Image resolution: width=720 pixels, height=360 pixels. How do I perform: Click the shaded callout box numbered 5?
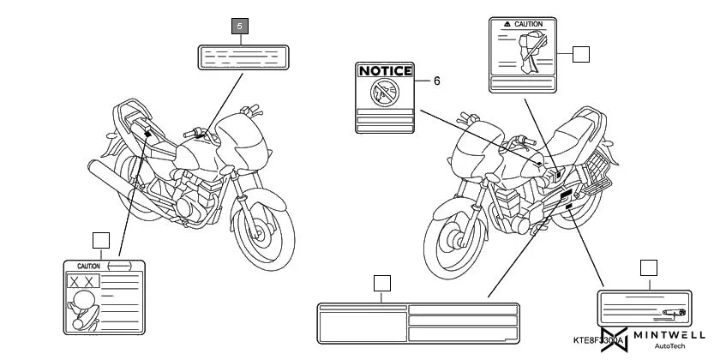pyautogui.click(x=239, y=27)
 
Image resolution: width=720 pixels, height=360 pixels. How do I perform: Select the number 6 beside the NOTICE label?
pyautogui.click(x=436, y=81)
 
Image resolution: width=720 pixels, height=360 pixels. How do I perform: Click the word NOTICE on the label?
pyautogui.click(x=385, y=71)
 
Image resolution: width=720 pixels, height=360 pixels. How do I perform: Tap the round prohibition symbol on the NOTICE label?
pyautogui.click(x=385, y=92)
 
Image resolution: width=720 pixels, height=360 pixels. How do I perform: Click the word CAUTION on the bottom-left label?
pyautogui.click(x=89, y=267)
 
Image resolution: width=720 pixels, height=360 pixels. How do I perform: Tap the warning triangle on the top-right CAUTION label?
pyautogui.click(x=508, y=25)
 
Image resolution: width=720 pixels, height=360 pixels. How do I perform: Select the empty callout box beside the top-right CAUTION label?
pyautogui.click(x=581, y=54)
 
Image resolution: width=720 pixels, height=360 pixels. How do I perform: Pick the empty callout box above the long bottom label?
pyautogui.click(x=382, y=283)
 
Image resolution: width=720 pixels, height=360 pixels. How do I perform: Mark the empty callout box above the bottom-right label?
pyautogui.click(x=648, y=267)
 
